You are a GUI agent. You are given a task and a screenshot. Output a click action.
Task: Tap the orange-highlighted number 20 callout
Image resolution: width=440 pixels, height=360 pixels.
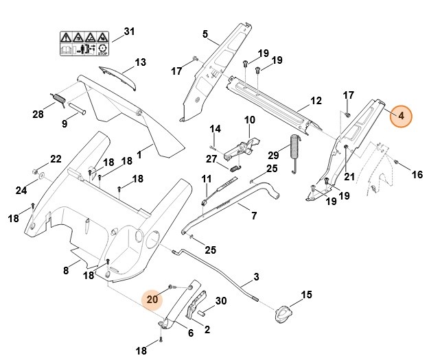pos(152,298)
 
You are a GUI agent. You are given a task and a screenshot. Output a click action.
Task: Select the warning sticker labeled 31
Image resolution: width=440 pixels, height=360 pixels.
pos(84,43)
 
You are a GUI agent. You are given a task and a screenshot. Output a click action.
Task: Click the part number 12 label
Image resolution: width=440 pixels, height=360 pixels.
pos(316,101)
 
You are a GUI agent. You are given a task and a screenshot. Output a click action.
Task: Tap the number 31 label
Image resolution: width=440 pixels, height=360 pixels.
pos(129,32)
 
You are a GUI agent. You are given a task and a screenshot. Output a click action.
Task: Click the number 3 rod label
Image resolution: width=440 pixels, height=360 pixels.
pos(257,277)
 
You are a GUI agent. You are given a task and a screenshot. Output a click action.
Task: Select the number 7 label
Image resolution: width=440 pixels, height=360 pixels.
pos(254,216)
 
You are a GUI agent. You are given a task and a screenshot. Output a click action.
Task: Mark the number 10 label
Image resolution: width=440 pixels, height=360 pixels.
pos(250,120)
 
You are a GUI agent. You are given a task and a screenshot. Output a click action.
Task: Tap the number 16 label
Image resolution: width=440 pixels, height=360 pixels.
pos(417,175)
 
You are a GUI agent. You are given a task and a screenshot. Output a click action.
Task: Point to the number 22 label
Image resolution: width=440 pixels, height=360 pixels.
pos(56,159)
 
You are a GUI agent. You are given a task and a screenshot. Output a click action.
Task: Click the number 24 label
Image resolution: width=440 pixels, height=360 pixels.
pos(21,190)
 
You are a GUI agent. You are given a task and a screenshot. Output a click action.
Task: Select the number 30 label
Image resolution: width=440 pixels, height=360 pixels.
pos(221,301)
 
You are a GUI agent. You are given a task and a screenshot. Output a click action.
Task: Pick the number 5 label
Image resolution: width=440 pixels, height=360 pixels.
pos(205,34)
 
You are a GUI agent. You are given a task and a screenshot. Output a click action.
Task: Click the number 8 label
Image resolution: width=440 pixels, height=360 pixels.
pos(67,270)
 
